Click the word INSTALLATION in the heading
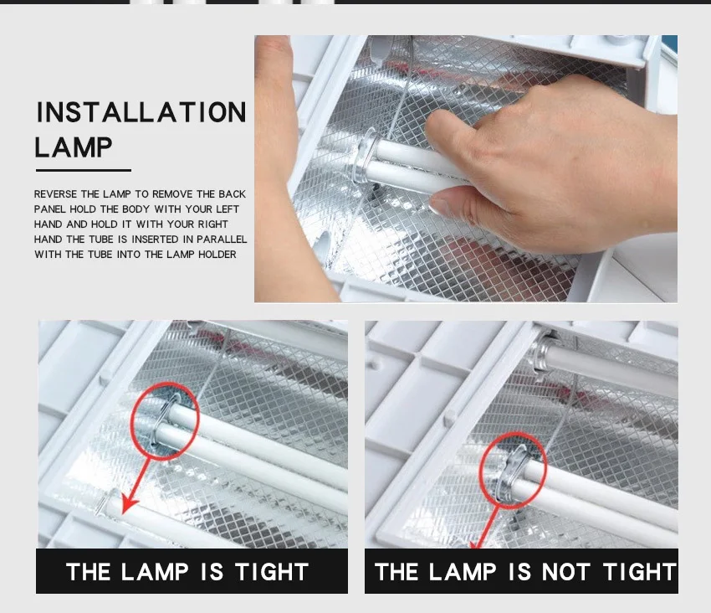click(x=141, y=112)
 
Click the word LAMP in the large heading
click(x=74, y=147)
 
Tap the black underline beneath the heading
click(x=84, y=170)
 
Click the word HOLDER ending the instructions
click(x=217, y=255)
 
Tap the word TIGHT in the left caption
click(x=272, y=572)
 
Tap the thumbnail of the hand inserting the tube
click(x=466, y=168)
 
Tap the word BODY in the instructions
click(x=136, y=209)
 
